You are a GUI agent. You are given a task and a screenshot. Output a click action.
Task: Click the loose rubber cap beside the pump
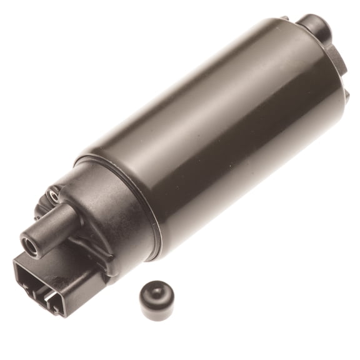157,300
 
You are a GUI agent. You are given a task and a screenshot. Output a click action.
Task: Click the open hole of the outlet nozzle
31,241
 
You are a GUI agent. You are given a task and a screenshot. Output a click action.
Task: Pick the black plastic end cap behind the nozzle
100,206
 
